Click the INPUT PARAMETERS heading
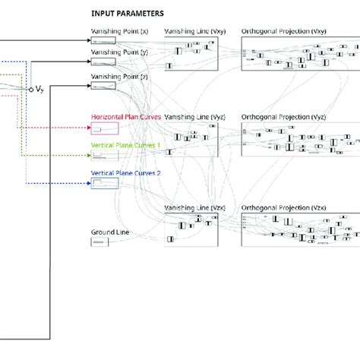coord(127,14)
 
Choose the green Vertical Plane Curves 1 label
coord(126,144)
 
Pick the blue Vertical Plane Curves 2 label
coord(126,172)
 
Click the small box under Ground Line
coord(99,242)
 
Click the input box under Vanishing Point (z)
coord(103,85)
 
